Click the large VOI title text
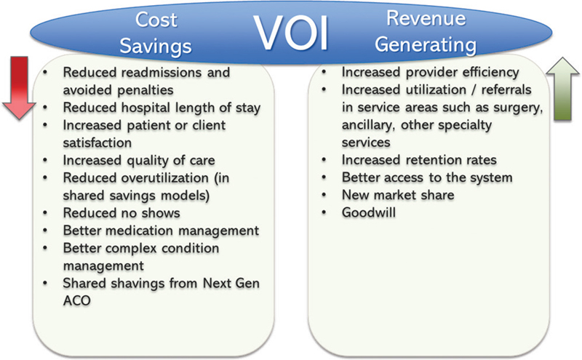click(x=291, y=33)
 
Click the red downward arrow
click(x=19, y=88)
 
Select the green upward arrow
click(x=562, y=89)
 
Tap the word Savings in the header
click(x=156, y=47)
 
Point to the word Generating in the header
click(x=426, y=45)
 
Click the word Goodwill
click(x=369, y=212)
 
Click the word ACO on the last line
click(x=77, y=300)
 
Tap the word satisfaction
click(x=97, y=143)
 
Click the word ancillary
click(x=368, y=125)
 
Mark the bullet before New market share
click(x=324, y=195)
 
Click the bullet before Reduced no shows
click(x=45, y=213)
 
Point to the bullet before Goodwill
click(x=324, y=212)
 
